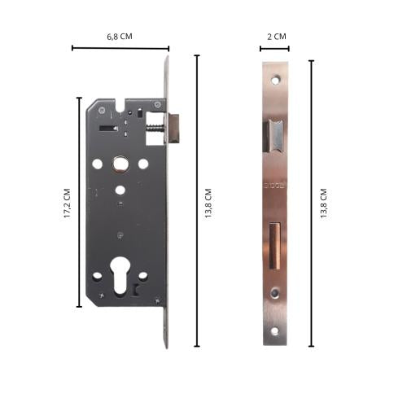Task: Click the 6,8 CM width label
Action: coord(120,37)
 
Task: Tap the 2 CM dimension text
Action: coord(276,37)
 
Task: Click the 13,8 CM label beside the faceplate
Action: coord(323,203)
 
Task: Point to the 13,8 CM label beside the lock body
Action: coord(208,203)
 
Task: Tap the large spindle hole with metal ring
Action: coord(120,164)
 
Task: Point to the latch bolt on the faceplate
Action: coord(275,134)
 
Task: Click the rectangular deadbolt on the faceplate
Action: coord(275,241)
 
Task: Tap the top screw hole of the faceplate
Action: coord(275,81)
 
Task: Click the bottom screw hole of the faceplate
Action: coord(275,330)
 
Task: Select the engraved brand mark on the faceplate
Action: coord(275,188)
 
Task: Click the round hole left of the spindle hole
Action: coord(98,164)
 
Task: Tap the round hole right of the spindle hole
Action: coord(143,164)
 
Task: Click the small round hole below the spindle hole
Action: coord(120,190)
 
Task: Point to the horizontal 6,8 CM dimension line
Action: coord(120,48)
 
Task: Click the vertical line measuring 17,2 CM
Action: coord(79,203)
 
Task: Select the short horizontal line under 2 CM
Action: coord(275,49)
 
